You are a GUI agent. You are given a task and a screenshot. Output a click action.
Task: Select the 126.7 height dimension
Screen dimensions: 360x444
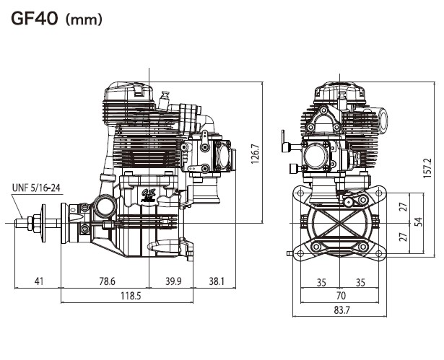pos(255,154)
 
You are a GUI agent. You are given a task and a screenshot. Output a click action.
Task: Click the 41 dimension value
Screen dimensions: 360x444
pos(39,281)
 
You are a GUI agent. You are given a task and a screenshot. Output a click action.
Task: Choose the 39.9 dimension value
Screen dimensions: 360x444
pos(173,281)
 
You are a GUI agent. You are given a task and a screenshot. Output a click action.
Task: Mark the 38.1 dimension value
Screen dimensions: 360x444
pos(217,281)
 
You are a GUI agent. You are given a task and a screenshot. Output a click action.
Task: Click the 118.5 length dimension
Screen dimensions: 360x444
pos(131,296)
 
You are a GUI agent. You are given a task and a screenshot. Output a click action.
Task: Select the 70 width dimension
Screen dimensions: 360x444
pos(341,295)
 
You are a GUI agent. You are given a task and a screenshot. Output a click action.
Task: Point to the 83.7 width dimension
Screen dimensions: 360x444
pos(341,310)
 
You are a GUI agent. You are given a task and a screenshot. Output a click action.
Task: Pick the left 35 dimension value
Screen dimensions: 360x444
pos(322,281)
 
